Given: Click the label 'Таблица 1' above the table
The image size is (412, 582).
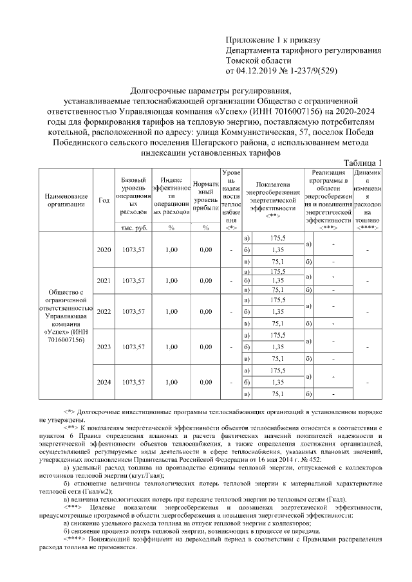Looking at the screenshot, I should pyautogui.click(x=362, y=162).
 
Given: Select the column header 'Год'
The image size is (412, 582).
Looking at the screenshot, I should pyautogui.click(x=103, y=199).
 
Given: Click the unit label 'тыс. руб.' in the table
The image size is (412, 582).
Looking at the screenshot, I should pyautogui.click(x=135, y=227).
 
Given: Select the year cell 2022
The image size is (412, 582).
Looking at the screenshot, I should pyautogui.click(x=103, y=312).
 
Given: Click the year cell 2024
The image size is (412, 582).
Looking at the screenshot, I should pyautogui.click(x=103, y=382).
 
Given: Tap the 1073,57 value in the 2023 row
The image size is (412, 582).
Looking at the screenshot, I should pyautogui.click(x=135, y=347).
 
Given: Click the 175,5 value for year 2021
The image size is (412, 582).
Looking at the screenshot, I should pyautogui.click(x=277, y=272).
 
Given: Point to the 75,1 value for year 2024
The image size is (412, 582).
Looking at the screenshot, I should pyautogui.click(x=277, y=394).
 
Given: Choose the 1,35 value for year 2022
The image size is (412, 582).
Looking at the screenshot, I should pyautogui.click(x=277, y=312).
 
